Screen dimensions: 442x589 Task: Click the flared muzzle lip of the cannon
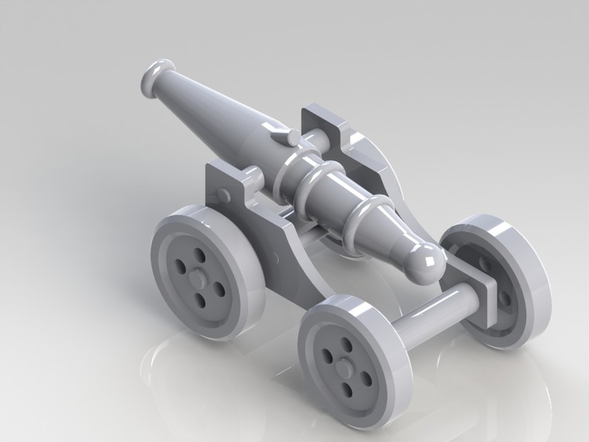pyautogui.click(x=156, y=76)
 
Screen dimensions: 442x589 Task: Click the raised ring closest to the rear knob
pyautogui.click(x=367, y=222)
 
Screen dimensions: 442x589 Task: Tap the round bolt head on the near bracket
pyautogui.click(x=224, y=195)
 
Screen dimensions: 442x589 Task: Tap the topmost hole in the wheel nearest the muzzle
pyautogui.click(x=200, y=256)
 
